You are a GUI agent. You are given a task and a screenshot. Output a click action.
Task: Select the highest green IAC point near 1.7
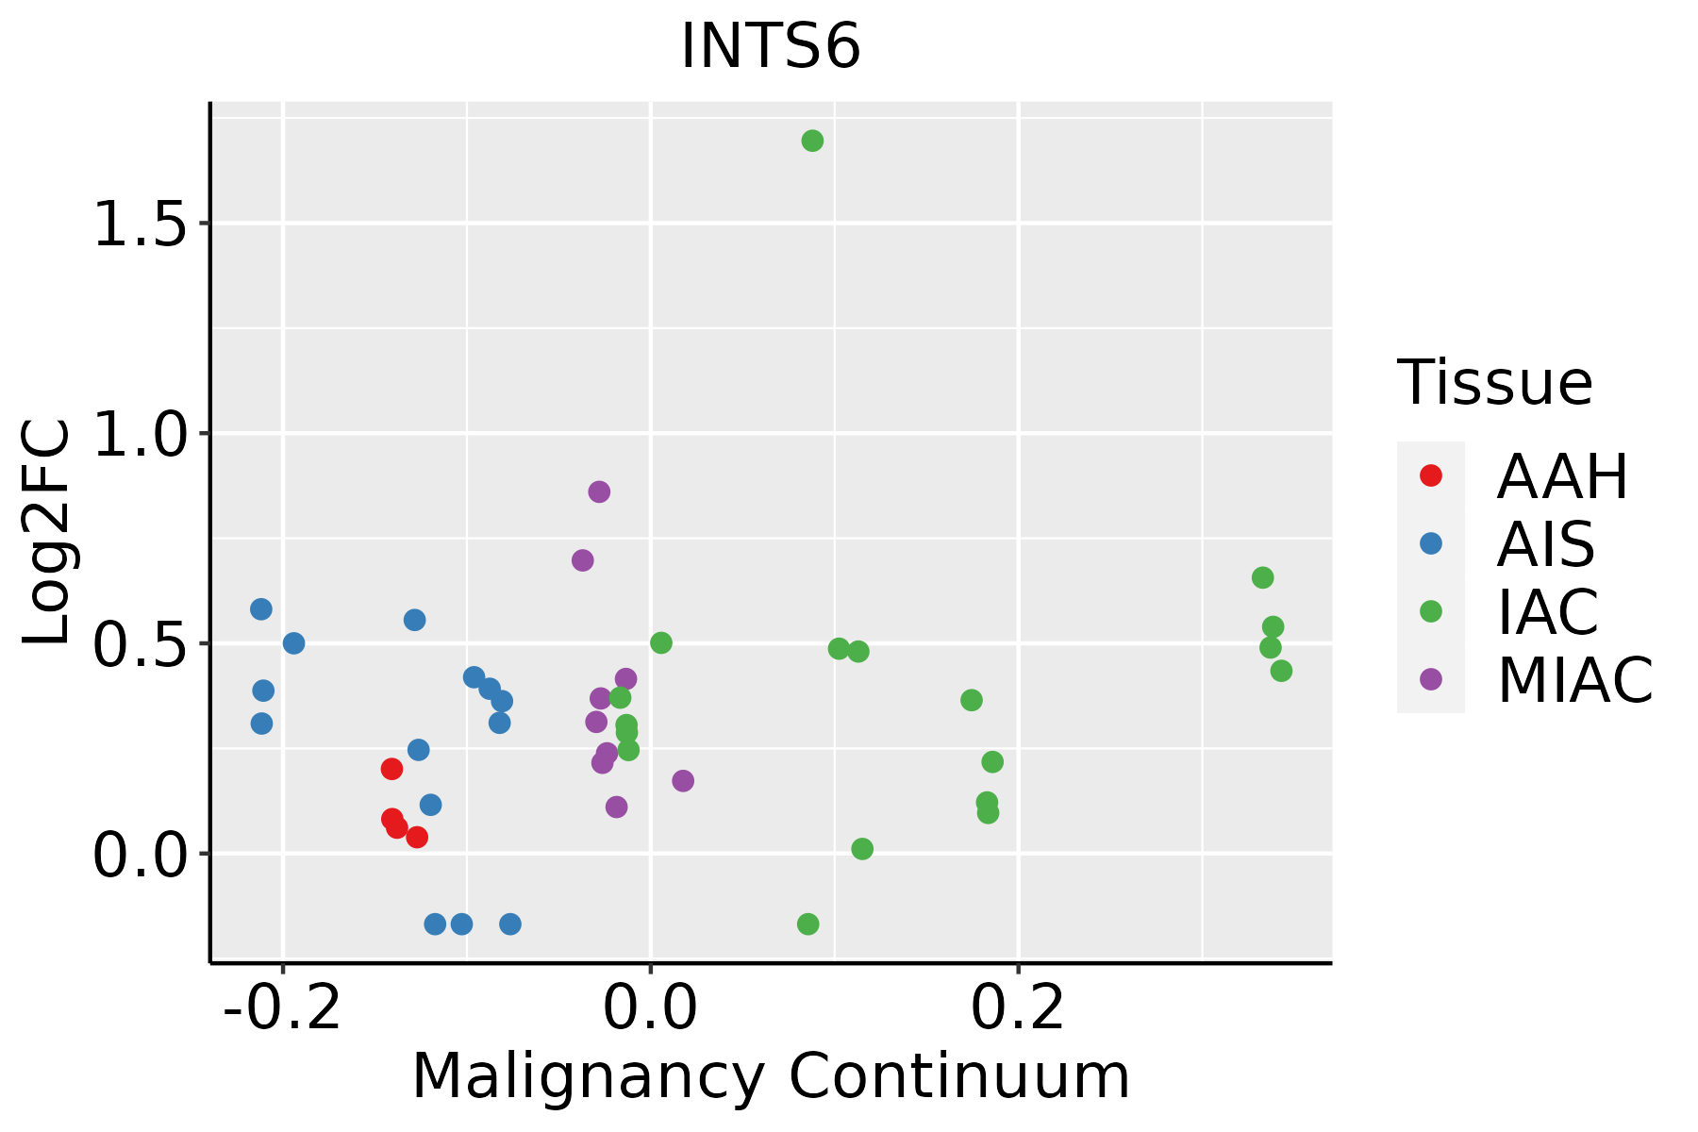click(812, 141)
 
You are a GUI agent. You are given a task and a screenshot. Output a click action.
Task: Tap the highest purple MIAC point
click(599, 491)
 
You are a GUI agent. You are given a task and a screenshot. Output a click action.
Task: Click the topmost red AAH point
click(391, 769)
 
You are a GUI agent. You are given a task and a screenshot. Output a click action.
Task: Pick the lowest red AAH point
click(417, 837)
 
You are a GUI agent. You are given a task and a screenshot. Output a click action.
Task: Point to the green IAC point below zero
click(807, 924)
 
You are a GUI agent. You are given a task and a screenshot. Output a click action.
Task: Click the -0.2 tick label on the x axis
click(282, 1008)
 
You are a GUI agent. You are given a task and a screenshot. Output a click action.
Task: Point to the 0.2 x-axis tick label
click(1019, 1008)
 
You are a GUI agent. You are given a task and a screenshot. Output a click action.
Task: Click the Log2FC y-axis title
click(47, 533)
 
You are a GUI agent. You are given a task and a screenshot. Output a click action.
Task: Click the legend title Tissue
click(1495, 383)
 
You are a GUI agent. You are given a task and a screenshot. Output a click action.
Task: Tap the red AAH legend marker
click(1431, 475)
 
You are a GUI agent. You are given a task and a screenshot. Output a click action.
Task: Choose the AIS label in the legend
click(1546, 544)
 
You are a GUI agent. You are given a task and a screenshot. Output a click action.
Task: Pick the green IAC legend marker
click(1431, 611)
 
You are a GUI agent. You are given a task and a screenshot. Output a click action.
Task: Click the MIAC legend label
click(1575, 680)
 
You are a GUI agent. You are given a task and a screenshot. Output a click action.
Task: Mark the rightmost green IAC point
click(1281, 671)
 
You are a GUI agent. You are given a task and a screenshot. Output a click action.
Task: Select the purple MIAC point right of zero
click(683, 780)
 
